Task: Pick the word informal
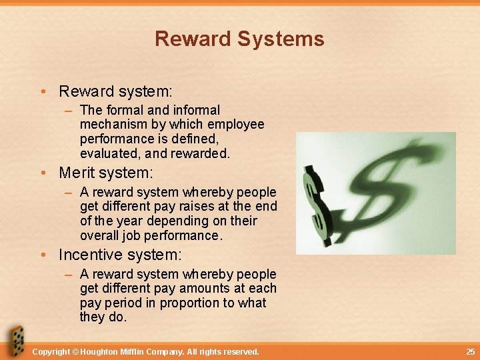click(196, 110)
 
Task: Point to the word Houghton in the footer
click(104, 351)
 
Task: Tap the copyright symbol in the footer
click(75, 351)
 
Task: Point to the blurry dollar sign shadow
click(393, 180)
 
